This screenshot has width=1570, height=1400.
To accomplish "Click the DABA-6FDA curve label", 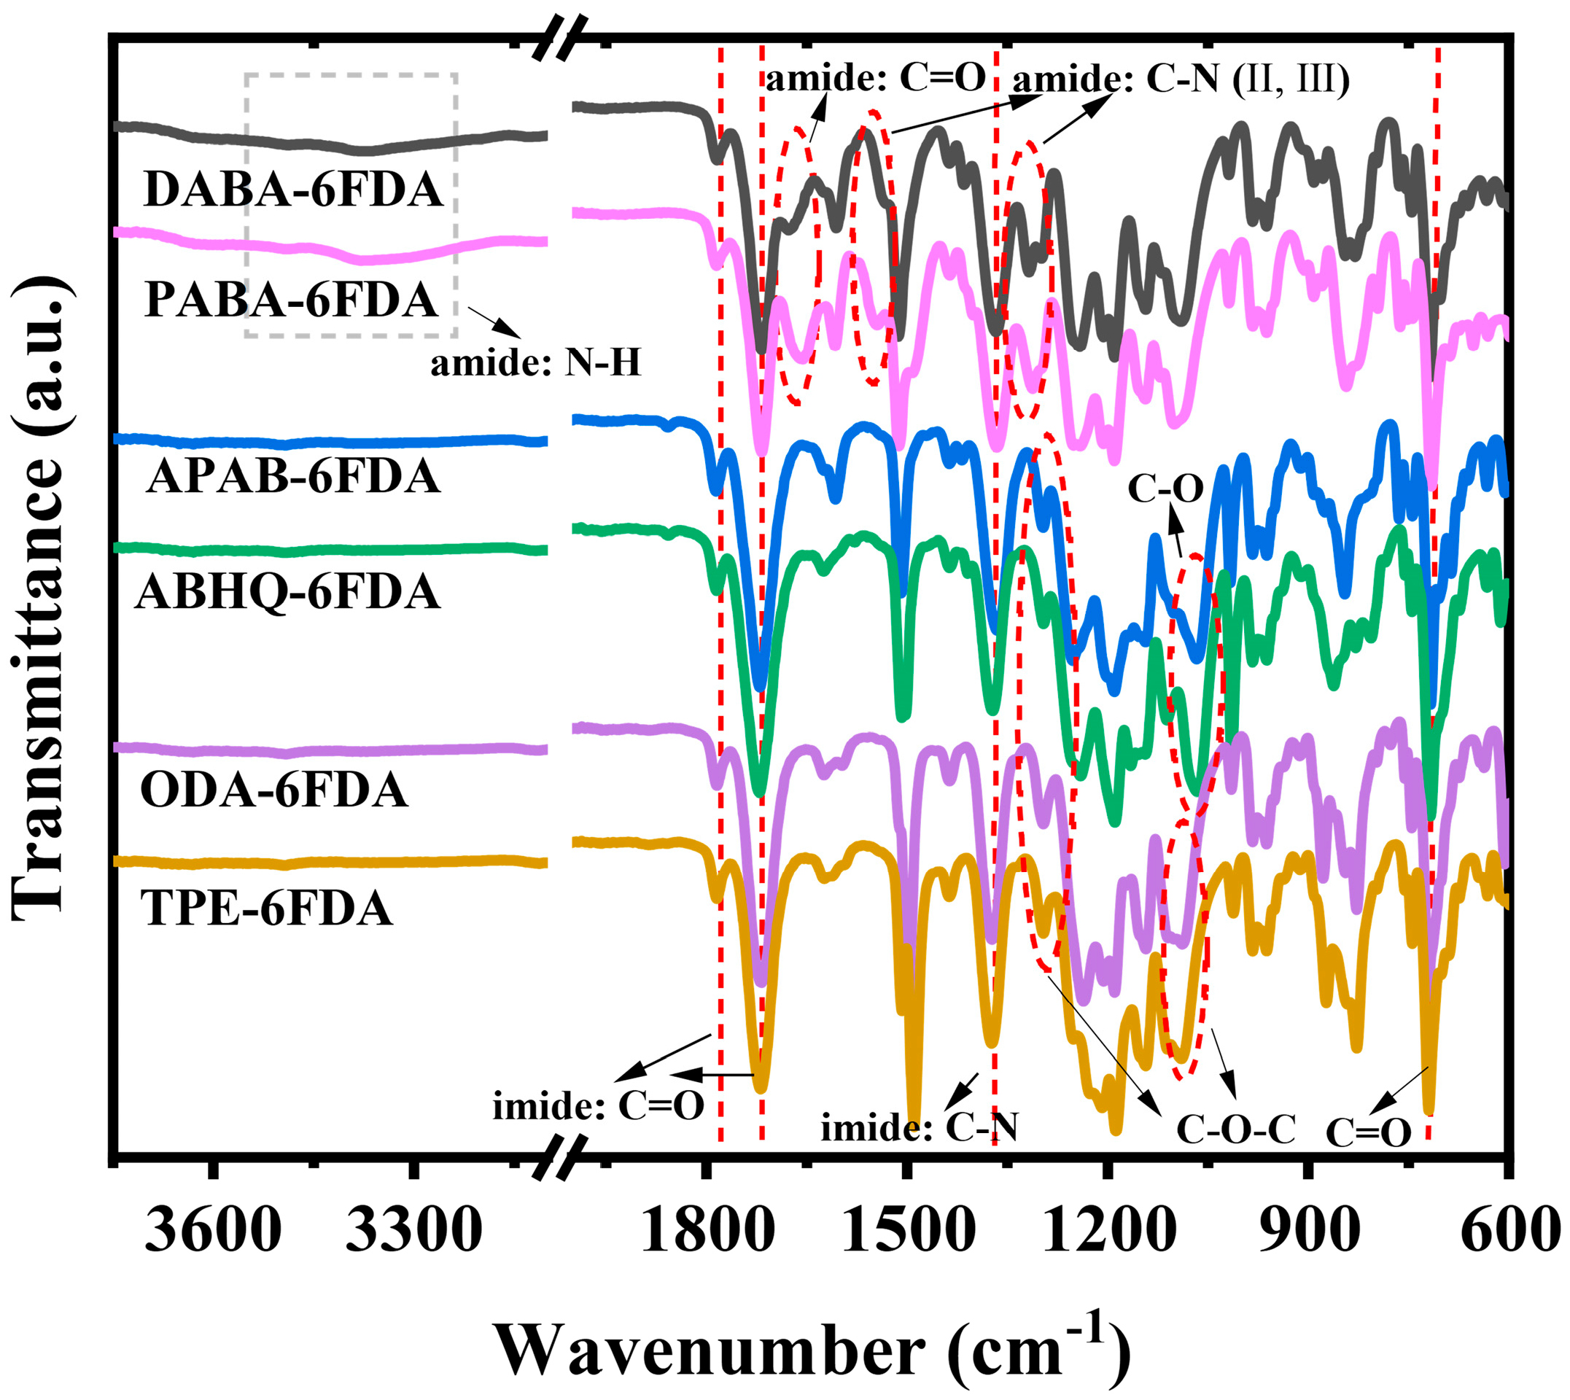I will point(293,190).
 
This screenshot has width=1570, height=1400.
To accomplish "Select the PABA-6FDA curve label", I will point(292,299).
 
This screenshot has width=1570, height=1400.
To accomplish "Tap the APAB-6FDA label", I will point(294,476).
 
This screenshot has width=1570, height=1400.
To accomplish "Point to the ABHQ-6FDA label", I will point(289,592).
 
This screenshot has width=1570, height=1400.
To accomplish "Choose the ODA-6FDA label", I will point(274,790).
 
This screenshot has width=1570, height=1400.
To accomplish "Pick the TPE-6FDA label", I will point(267,909).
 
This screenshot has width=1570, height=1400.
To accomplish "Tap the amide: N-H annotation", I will point(535,363).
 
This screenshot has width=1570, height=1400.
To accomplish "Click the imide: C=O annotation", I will point(599,1106).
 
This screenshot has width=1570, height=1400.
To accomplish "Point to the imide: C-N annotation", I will point(920,1129).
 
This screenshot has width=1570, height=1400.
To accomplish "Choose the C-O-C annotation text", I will point(1236,1129).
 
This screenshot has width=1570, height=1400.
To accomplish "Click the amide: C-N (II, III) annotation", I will point(1181,79).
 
